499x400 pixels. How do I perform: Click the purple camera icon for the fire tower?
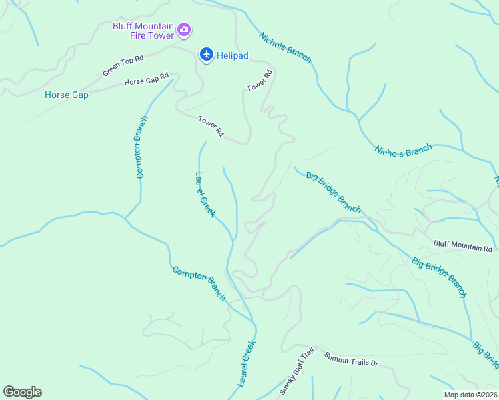click(185, 31)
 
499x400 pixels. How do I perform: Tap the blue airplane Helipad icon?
click(207, 55)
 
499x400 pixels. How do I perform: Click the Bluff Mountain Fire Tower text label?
click(142, 31)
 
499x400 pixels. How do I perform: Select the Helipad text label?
click(233, 55)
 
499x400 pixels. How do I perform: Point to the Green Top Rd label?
click(123, 65)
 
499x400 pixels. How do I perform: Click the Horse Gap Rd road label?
click(146, 80)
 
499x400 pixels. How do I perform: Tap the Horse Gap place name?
click(67, 95)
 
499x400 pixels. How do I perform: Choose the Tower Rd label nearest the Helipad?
click(260, 81)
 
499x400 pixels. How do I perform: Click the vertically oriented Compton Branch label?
click(141, 147)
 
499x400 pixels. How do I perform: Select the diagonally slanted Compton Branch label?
click(199, 283)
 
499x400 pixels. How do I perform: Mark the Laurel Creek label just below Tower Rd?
click(205, 195)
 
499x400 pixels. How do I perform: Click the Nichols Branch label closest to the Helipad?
click(285, 48)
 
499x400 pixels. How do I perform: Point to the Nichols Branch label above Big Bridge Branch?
click(403, 151)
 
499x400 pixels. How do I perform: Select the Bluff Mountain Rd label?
click(462, 247)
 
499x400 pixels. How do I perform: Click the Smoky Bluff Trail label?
click(296, 371)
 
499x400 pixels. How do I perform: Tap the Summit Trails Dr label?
click(351, 360)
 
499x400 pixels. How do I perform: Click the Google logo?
click(22, 392)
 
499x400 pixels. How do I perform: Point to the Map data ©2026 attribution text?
click(470, 395)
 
